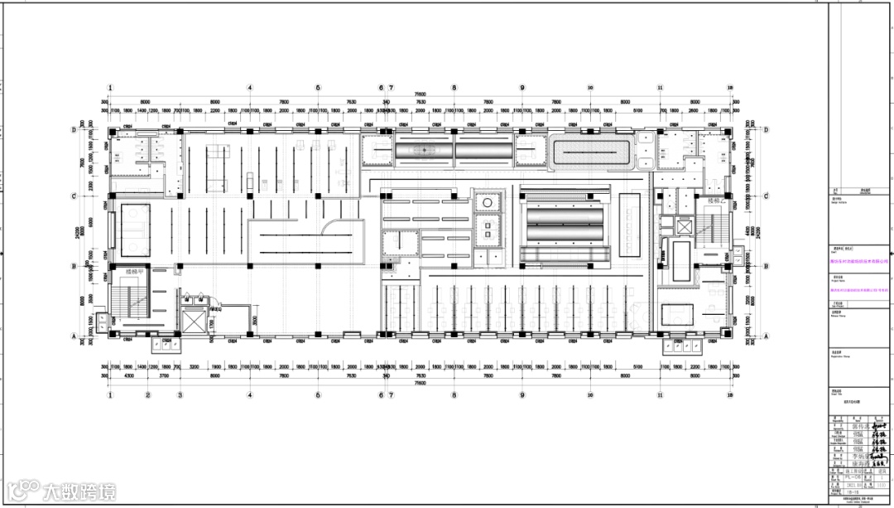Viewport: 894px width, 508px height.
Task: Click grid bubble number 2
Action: (x=147, y=395)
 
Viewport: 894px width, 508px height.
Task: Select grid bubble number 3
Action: (x=180, y=395)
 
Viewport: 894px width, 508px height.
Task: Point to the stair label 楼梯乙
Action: (x=716, y=201)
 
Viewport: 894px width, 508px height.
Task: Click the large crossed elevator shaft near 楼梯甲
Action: (x=195, y=318)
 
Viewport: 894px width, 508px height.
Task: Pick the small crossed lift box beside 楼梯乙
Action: (x=685, y=226)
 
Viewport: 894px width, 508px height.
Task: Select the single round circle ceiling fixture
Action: (x=488, y=202)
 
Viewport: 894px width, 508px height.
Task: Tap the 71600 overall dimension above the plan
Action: (x=420, y=94)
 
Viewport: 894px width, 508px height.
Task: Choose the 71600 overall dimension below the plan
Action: (x=420, y=385)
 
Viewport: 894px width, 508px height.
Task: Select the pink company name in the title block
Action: (x=858, y=260)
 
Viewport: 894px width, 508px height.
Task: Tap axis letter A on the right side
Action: (x=766, y=335)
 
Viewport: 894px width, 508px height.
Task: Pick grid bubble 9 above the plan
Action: (x=522, y=87)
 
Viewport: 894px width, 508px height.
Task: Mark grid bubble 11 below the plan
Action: (x=661, y=395)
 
